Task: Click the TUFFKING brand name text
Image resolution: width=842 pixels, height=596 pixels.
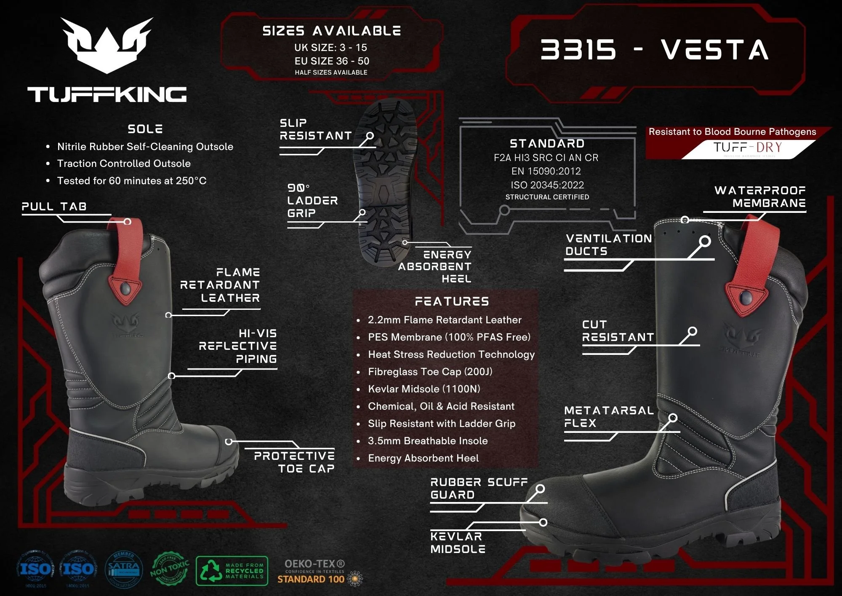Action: pyautogui.click(x=107, y=94)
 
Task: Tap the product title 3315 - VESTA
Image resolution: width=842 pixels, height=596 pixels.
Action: pyautogui.click(x=655, y=50)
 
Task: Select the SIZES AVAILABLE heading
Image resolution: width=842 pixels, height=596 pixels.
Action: pyautogui.click(x=331, y=31)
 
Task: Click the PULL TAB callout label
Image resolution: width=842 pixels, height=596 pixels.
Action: pyautogui.click(x=54, y=207)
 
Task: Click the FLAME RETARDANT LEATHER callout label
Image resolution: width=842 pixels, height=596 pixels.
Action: pyautogui.click(x=220, y=285)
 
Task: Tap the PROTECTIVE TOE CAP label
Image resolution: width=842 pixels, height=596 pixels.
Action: pyautogui.click(x=294, y=462)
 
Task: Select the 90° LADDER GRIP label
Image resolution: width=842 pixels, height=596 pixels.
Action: pyautogui.click(x=312, y=201)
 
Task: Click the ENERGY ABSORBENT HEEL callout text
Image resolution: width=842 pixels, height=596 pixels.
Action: pyautogui.click(x=435, y=266)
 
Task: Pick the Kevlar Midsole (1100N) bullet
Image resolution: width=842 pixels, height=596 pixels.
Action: pyautogui.click(x=424, y=389)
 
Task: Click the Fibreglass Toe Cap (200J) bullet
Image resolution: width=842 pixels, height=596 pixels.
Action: pyautogui.click(x=430, y=372)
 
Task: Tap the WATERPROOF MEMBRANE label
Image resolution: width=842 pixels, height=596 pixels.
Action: pyautogui.click(x=760, y=197)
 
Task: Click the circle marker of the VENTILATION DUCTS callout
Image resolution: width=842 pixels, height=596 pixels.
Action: pyautogui.click(x=705, y=242)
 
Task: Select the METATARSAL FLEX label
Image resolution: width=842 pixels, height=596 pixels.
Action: pyautogui.click(x=609, y=416)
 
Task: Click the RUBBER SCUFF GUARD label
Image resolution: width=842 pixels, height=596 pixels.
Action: pyautogui.click(x=479, y=488)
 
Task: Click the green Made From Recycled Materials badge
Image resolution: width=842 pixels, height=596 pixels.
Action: pyautogui.click(x=232, y=571)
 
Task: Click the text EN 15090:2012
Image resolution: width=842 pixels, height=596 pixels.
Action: pyautogui.click(x=546, y=171)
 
